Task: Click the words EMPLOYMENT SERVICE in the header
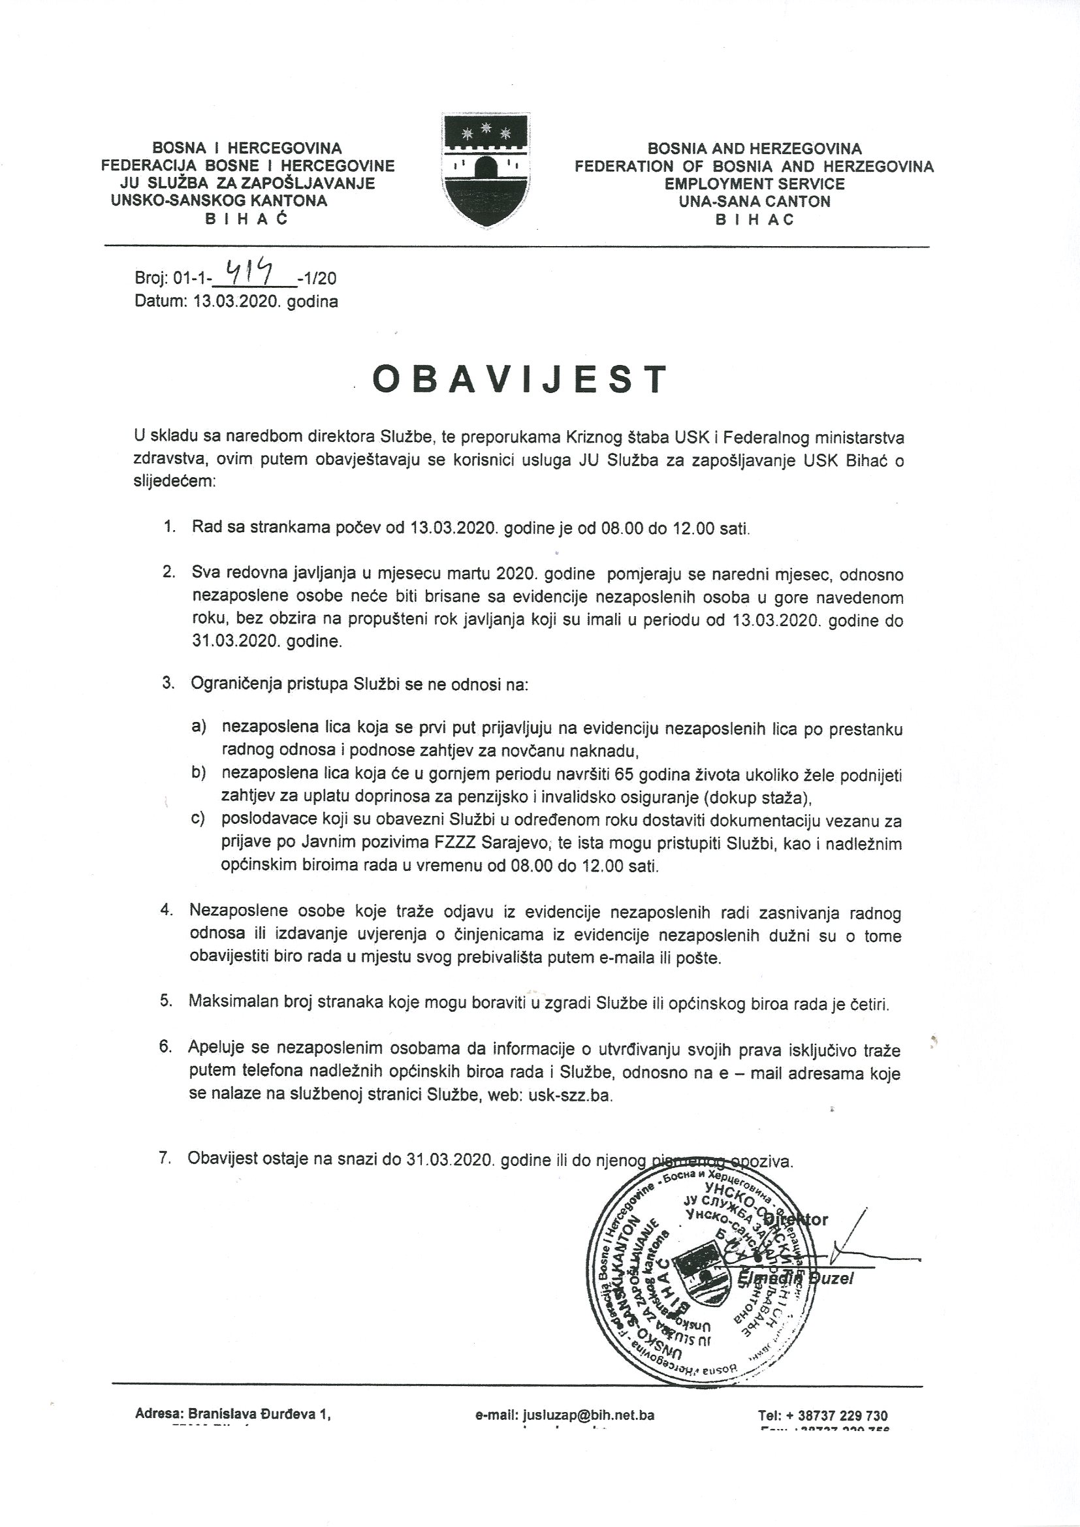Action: [x=755, y=184]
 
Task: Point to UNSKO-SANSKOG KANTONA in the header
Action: [x=219, y=200]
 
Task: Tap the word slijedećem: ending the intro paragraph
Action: [x=175, y=482]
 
